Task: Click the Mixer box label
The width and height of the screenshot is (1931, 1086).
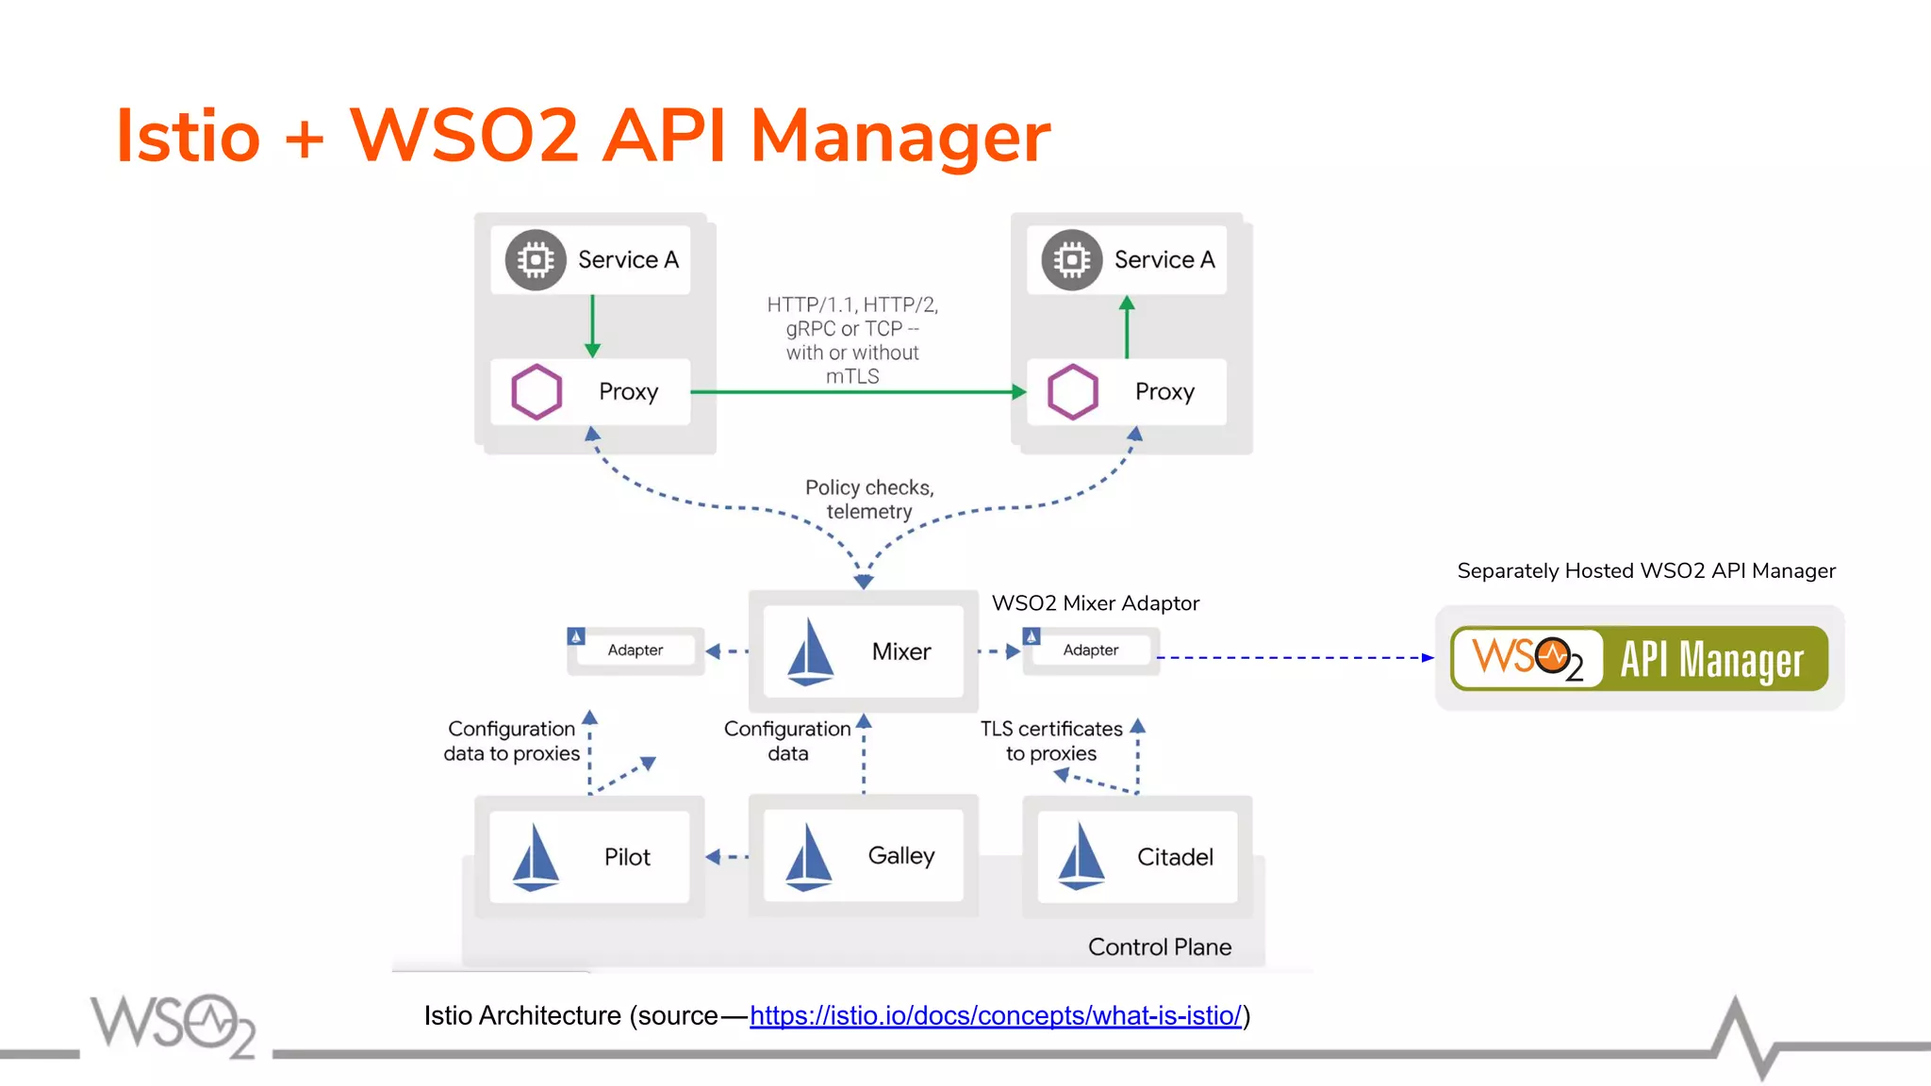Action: (900, 651)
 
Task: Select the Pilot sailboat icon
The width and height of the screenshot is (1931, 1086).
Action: (536, 857)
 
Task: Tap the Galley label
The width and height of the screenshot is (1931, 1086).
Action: (900, 856)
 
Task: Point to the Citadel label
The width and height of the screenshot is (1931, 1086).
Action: (1174, 857)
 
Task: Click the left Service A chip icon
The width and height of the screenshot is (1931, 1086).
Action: (536, 259)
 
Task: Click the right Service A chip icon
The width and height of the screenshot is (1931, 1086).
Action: (1072, 259)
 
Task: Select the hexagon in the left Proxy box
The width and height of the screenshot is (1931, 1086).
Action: (536, 391)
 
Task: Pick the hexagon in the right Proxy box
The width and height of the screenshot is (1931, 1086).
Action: (1073, 391)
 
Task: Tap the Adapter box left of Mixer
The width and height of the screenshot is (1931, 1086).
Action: (635, 650)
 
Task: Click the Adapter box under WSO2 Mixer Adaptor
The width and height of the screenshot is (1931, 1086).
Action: (1091, 650)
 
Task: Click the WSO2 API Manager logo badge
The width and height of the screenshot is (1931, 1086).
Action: (1639, 658)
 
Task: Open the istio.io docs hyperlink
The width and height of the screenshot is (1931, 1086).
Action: (995, 1015)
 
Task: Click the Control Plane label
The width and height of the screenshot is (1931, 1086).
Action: (1159, 946)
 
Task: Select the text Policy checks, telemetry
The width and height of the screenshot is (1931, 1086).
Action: (868, 500)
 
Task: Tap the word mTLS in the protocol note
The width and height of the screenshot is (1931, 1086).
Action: (852, 376)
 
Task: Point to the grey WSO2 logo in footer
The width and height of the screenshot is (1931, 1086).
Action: (173, 1026)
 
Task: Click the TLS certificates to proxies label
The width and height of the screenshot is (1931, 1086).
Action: (1051, 741)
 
